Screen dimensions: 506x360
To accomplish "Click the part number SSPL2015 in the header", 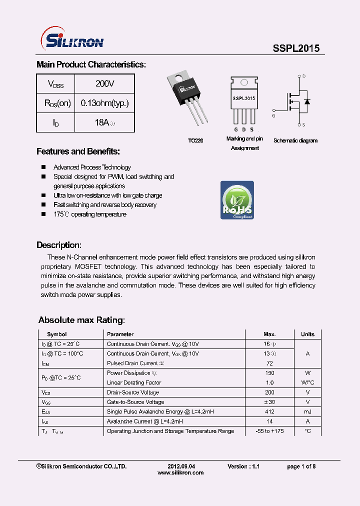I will (296, 48).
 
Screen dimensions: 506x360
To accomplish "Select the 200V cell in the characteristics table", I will (104, 83).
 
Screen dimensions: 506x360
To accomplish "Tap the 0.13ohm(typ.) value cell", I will (104, 103).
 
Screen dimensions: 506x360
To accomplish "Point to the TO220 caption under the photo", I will (195, 141).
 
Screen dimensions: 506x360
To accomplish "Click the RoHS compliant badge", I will (237, 200).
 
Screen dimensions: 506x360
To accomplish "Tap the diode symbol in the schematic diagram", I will (306, 101).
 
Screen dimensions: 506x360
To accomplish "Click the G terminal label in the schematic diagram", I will (273, 115).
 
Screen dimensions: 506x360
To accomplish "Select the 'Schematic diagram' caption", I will (295, 141).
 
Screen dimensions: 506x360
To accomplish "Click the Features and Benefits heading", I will (78, 151).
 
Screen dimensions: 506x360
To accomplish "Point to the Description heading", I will (58, 245).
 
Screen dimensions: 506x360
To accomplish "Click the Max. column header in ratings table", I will (269, 334).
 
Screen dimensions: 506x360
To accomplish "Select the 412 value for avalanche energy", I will (269, 411).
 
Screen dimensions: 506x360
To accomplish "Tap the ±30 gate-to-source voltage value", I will (269, 402).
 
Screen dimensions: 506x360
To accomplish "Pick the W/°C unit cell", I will (307, 382).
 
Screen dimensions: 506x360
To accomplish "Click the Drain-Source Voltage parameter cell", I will (133, 392).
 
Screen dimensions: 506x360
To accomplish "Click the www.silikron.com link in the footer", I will (180, 472).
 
